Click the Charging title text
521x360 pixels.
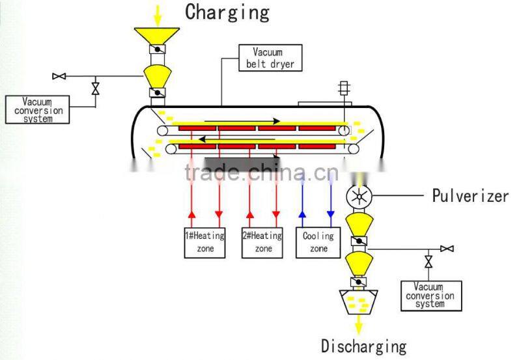(x=227, y=12)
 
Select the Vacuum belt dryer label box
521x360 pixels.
(x=270, y=57)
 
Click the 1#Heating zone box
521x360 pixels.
(x=204, y=242)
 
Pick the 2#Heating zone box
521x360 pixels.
(x=263, y=242)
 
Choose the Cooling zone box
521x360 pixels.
(x=318, y=242)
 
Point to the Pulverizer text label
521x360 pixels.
(x=470, y=196)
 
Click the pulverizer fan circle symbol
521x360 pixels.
(x=358, y=196)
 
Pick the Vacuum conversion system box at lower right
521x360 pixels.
(x=430, y=296)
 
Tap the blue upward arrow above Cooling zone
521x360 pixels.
(x=302, y=214)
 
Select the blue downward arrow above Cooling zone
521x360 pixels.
(x=330, y=214)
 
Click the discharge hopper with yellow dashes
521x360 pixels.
(x=358, y=301)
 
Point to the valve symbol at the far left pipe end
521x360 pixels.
(x=59, y=76)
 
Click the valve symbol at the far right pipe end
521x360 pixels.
(x=447, y=248)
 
